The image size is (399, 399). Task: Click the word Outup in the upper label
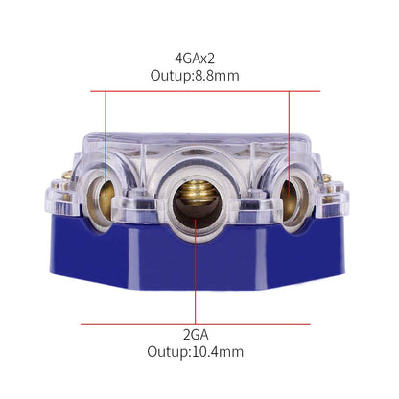click(174, 74)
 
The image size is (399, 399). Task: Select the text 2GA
click(199, 332)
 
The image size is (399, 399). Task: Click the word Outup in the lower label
click(171, 351)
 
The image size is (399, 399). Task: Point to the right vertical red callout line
click(291, 134)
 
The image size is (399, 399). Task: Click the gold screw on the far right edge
click(329, 180)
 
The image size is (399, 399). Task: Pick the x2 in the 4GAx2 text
click(215, 55)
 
